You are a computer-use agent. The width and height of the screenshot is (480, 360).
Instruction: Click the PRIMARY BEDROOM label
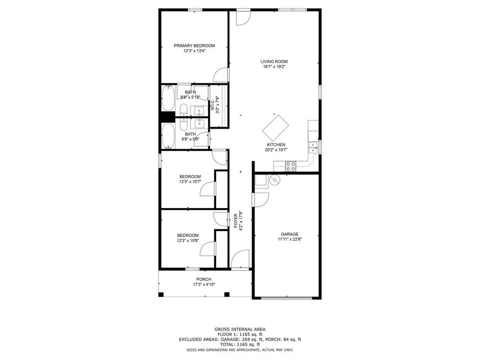(194, 46)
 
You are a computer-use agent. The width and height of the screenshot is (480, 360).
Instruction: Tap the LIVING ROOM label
(274, 61)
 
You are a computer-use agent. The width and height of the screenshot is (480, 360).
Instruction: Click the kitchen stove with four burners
(291, 166)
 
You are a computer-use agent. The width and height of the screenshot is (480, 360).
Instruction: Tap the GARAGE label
(290, 234)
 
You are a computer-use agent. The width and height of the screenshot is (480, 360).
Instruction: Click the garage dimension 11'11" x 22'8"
(290, 239)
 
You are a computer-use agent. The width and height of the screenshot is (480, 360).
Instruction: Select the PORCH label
(204, 279)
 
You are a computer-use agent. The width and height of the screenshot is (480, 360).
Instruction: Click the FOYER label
(236, 221)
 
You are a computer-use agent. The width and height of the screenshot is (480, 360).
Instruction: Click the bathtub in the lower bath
(167, 136)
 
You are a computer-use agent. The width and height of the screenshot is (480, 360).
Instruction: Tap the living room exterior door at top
(244, 17)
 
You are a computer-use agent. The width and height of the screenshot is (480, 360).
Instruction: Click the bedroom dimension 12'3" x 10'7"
(190, 182)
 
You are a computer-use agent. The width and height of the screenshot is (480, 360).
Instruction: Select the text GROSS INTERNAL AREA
(239, 329)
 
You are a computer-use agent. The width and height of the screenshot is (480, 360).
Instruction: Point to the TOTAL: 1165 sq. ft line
(239, 344)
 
